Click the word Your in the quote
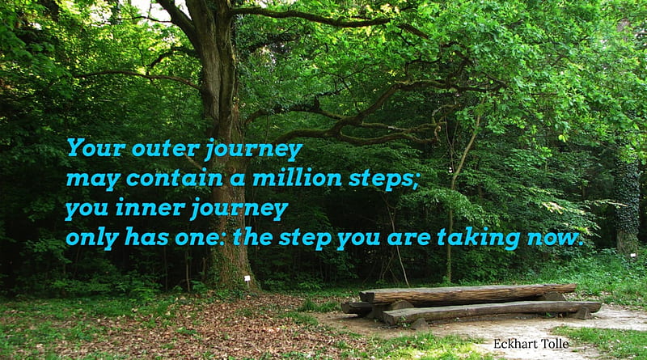tap(96, 147)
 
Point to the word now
tap(555, 239)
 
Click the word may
tap(93, 180)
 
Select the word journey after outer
tap(254, 150)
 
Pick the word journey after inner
tap(239, 209)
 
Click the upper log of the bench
tap(468, 294)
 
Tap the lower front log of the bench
tap(491, 311)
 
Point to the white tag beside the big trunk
tap(247, 278)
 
